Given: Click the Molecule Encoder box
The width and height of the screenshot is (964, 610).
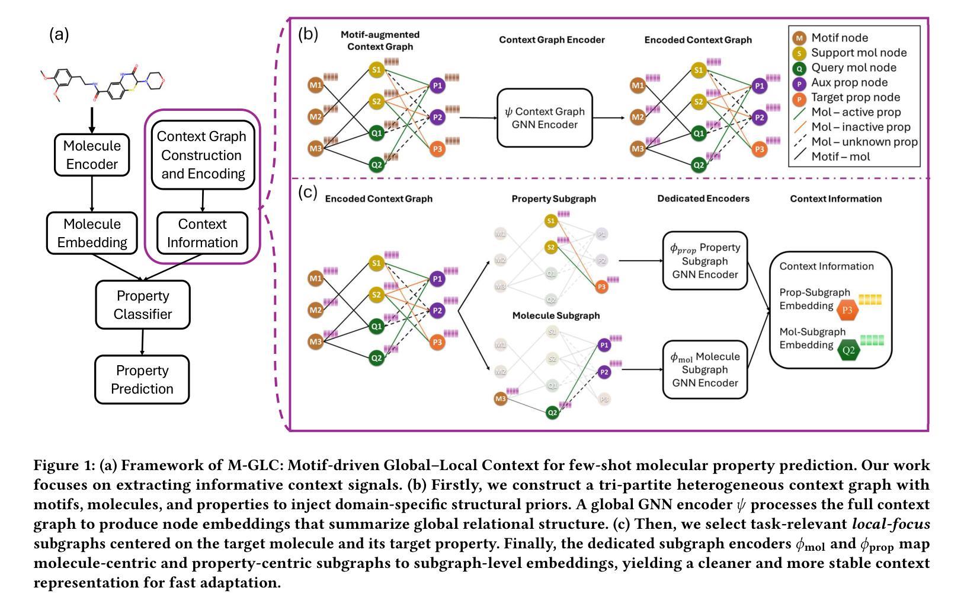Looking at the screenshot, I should (x=92, y=155).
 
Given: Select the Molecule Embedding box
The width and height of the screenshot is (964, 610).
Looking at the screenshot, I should (x=92, y=233).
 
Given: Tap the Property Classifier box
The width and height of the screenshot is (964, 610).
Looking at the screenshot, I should (x=143, y=305).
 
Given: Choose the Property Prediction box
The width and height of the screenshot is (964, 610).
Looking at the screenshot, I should (x=142, y=379).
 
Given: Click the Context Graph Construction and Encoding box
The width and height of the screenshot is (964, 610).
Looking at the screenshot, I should (x=203, y=155).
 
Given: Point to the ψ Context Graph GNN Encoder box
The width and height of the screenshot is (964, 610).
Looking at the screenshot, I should (x=545, y=117).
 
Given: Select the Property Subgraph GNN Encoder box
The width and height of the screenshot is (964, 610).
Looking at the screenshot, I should (x=704, y=261).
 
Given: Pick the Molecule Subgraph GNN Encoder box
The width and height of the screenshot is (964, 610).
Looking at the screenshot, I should (x=704, y=369).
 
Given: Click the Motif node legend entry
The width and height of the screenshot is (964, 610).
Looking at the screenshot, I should (x=839, y=38).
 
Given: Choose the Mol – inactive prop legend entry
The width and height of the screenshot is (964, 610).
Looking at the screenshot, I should (x=860, y=127).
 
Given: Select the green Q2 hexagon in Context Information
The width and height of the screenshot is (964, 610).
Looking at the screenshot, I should (x=848, y=350).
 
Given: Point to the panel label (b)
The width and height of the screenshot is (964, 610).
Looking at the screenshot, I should (x=308, y=33).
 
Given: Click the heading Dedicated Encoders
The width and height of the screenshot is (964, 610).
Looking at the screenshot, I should (x=703, y=199).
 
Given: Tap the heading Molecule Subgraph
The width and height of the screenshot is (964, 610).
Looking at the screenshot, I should (x=556, y=315).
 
